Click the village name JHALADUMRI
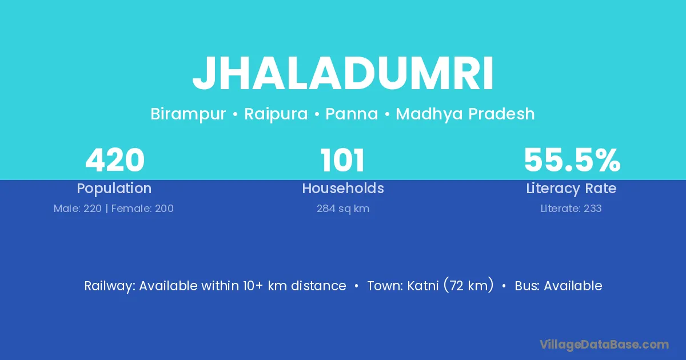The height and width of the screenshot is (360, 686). tap(343, 74)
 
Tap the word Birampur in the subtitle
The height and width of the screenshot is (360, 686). tap(188, 114)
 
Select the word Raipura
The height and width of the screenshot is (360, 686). tap(276, 114)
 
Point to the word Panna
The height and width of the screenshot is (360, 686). tap(352, 114)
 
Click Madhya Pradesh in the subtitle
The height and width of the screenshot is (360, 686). tap(465, 114)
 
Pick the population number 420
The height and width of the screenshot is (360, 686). tap(115, 160)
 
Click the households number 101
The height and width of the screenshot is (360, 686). tap(342, 160)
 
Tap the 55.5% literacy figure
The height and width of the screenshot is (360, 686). tap(572, 160)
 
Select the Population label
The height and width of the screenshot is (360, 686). tap(114, 189)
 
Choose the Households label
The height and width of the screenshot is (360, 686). tap(343, 188)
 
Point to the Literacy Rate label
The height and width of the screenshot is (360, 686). tap(571, 189)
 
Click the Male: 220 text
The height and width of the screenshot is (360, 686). tap(78, 209)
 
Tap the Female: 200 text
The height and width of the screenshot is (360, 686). tap(142, 209)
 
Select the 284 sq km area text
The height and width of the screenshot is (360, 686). tap(343, 209)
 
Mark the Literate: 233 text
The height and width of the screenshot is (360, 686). tap(571, 209)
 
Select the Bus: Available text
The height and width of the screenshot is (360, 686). tap(559, 286)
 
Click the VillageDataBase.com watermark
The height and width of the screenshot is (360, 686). tap(604, 345)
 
